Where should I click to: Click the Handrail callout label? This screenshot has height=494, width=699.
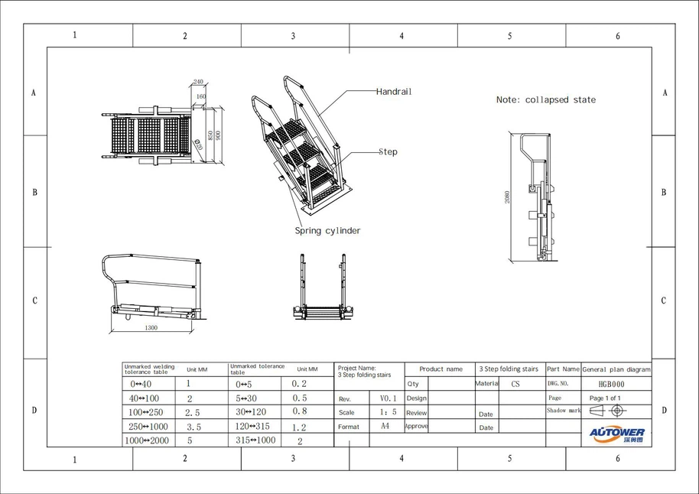[394, 92]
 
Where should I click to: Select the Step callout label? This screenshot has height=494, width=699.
[389, 152]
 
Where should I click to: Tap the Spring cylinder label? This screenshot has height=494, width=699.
[328, 231]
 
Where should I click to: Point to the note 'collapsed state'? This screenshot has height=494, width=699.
[545, 100]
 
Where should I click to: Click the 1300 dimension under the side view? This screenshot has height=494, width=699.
[151, 328]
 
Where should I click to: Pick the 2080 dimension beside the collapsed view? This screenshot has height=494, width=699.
[507, 197]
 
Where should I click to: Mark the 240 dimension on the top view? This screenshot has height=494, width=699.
[198, 82]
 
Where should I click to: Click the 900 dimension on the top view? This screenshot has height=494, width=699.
[218, 135]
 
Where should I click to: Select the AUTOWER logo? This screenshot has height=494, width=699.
[616, 434]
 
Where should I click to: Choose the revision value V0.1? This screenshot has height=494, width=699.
[389, 398]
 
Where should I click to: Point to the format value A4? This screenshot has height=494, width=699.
[386, 426]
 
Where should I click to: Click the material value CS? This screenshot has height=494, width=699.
[515, 385]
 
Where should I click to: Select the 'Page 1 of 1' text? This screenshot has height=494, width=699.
[605, 398]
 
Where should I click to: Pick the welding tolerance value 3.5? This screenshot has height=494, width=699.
[193, 427]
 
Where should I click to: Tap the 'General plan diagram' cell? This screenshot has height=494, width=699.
[616, 369]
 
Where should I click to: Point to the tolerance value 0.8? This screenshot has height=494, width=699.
[300, 412]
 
